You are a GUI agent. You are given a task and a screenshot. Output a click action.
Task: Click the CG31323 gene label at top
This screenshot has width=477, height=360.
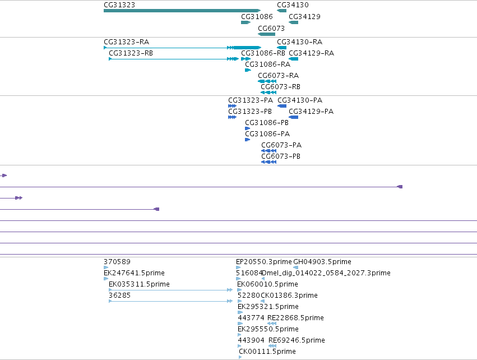tap(119, 5)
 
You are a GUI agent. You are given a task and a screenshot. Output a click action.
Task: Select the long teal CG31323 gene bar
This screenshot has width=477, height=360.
tap(182, 11)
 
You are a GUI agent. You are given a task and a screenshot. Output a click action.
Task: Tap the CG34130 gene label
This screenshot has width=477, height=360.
tap(293, 5)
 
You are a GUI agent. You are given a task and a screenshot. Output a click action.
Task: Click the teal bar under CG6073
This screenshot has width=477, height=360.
tap(266, 34)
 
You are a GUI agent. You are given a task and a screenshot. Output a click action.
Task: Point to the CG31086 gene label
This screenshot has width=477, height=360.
tap(257, 16)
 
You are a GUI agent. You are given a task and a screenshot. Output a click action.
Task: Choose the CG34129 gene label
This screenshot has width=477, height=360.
tap(304, 16)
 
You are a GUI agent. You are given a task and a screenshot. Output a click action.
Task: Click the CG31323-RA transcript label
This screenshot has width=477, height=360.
tap(126, 41)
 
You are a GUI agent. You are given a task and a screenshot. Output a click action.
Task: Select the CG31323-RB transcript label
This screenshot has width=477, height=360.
tap(131, 53)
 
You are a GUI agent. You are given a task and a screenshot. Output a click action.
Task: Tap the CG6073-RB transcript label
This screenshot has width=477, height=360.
tap(280, 87)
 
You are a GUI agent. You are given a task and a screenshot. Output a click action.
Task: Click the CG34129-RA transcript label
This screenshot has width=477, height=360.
tap(311, 53)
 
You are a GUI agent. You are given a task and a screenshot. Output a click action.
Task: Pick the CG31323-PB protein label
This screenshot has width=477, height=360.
tap(250, 112)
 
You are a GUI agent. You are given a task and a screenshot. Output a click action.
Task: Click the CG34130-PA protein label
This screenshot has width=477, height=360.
tap(300, 100)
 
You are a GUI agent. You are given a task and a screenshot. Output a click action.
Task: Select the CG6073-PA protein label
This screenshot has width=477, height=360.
tap(281, 145)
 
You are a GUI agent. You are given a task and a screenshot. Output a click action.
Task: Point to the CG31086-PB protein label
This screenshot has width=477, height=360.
tap(267, 123)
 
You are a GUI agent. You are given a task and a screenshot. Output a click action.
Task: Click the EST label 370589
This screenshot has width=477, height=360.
tap(117, 262)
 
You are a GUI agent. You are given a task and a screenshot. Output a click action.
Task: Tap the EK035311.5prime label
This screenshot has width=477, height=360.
tap(139, 284)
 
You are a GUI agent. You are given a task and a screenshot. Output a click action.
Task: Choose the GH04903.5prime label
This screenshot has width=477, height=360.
tap(322, 262)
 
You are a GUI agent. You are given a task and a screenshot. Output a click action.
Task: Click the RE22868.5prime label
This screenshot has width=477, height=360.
tap(295, 318)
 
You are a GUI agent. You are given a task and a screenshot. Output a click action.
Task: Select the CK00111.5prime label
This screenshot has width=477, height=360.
tap(267, 352)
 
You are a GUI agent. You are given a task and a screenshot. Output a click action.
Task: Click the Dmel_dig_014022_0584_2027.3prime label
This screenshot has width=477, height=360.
tap(326, 273)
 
